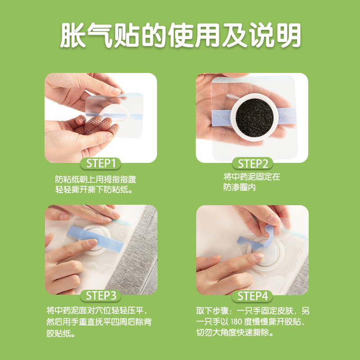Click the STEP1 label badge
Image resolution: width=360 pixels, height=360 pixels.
point(100,163)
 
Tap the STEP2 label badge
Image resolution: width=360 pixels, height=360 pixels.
point(252,163)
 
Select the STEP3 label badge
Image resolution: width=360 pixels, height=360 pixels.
point(100,296)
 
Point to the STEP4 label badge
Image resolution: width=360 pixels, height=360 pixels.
point(252,296)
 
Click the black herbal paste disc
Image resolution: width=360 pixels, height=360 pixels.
point(254,118)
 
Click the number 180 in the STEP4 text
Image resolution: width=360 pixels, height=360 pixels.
point(237,322)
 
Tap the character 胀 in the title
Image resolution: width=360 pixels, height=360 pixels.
point(73,35)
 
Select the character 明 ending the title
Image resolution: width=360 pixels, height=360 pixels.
point(288,35)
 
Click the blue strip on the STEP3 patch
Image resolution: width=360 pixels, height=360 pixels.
point(96,239)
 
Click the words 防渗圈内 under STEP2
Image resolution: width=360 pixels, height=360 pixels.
point(239,187)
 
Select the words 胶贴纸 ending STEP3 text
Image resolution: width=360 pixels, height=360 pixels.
point(61,333)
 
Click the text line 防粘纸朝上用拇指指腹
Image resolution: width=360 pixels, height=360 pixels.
point(96,179)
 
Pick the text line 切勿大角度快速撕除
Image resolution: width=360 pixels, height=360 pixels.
point(235,333)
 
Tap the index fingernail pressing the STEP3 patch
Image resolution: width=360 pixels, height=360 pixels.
point(93,242)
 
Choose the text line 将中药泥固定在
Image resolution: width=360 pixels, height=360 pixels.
point(252,177)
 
